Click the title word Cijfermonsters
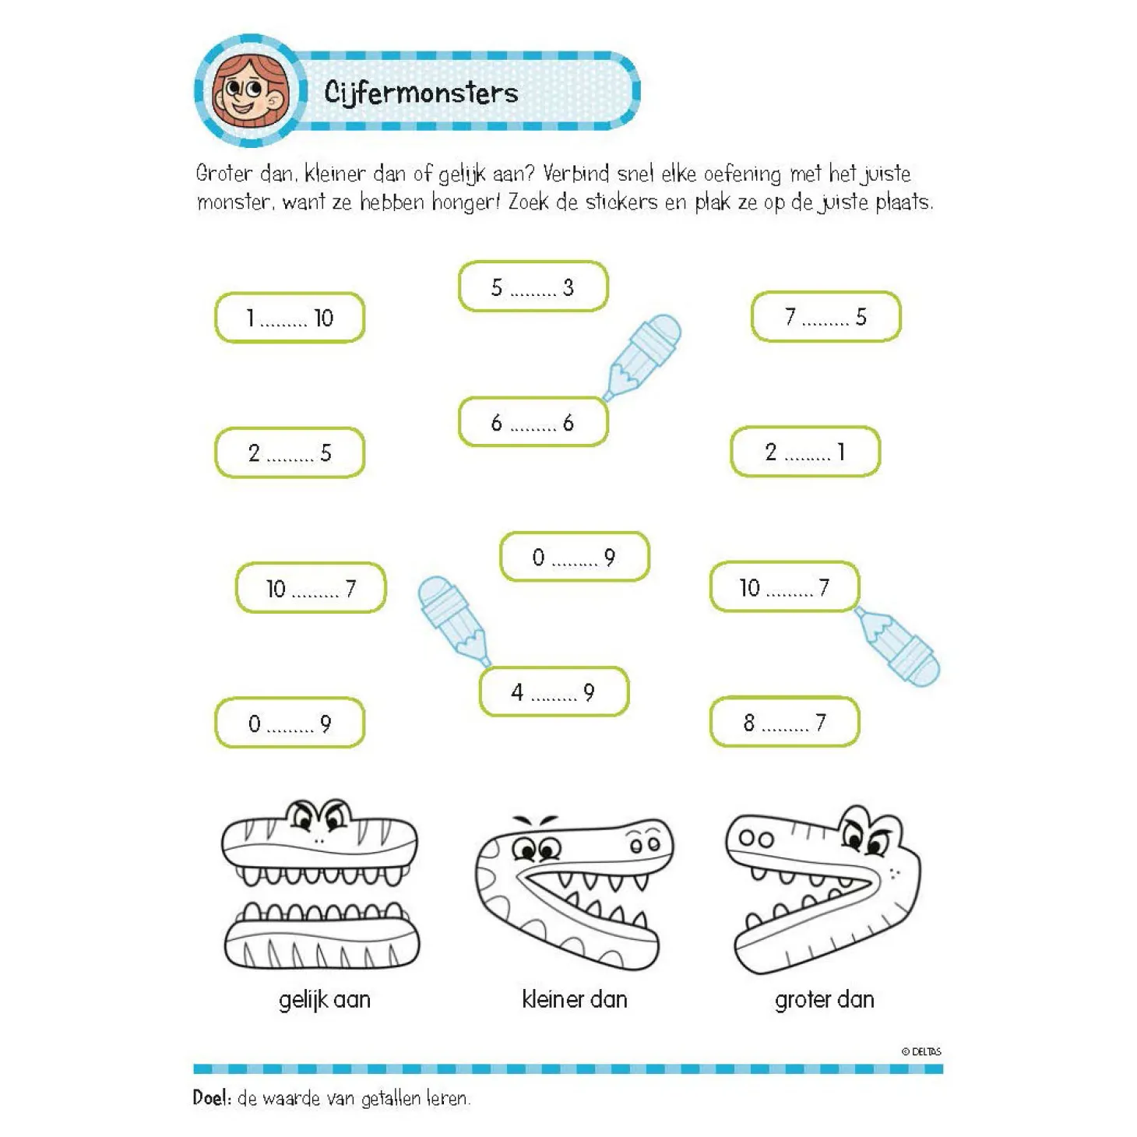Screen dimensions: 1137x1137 (x=421, y=93)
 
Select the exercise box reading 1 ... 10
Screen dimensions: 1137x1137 (x=290, y=318)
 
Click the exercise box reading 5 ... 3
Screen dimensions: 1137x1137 (x=533, y=287)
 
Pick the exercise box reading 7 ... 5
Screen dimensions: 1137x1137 (x=825, y=316)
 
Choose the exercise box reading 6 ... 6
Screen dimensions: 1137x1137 (x=533, y=422)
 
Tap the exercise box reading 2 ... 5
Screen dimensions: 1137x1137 (x=290, y=452)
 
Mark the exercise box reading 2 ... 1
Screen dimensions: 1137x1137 (x=805, y=452)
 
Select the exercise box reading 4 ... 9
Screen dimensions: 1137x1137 (x=554, y=692)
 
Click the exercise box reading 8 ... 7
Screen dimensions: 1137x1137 (x=784, y=722)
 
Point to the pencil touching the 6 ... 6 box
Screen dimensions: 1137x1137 (x=642, y=357)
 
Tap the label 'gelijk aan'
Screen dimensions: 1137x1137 (x=325, y=1000)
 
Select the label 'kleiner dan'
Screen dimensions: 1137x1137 (x=575, y=999)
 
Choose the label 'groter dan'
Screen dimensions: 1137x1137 (x=824, y=1000)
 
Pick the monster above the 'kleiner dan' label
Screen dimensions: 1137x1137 (x=574, y=892)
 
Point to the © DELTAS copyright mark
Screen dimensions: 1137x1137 (x=921, y=1051)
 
